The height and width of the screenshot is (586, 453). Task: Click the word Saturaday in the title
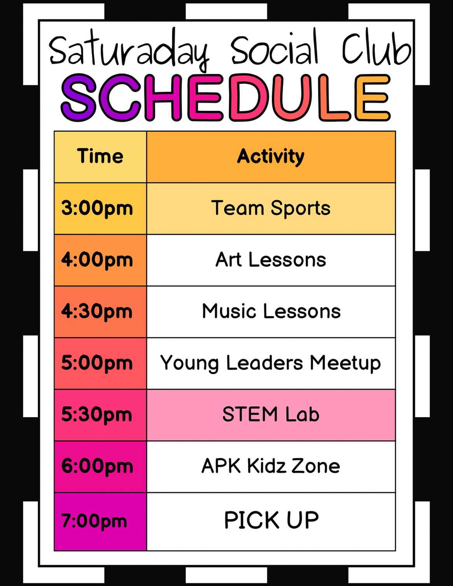[x=129, y=50]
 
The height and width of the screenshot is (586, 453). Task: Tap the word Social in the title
[x=275, y=48]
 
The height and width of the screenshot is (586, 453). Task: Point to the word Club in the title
[x=377, y=49]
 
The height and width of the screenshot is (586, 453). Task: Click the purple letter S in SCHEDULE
[x=79, y=98]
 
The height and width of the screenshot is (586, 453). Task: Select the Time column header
[x=100, y=156]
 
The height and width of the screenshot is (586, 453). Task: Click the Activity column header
[x=271, y=157]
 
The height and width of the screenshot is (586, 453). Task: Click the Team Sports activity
[x=271, y=208]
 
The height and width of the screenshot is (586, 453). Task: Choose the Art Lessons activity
[x=271, y=260]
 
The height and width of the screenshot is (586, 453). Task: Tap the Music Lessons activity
[x=271, y=311]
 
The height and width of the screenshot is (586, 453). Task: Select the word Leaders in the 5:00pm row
[x=264, y=363]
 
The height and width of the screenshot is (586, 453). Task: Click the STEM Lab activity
[x=271, y=414]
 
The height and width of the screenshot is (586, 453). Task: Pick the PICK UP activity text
[x=271, y=520]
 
